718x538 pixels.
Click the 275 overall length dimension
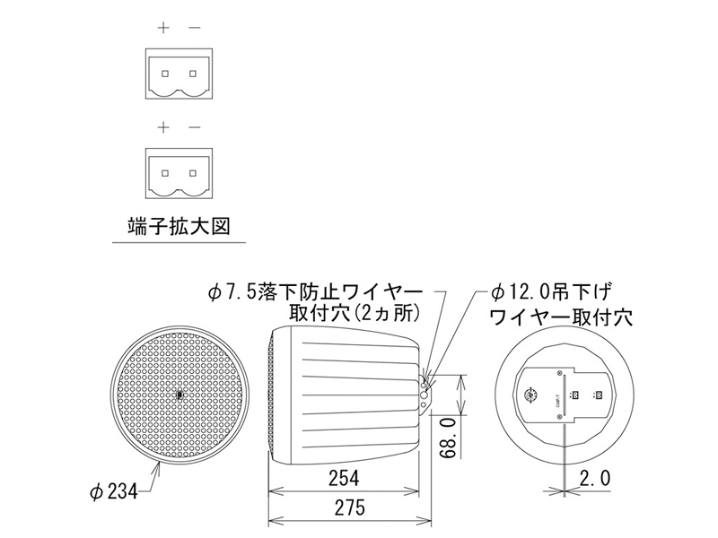click(x=349, y=508)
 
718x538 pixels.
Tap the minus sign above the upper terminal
click(x=195, y=28)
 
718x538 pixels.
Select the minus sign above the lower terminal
click(x=195, y=128)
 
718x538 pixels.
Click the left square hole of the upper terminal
click(x=164, y=72)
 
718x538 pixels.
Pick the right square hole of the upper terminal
click(x=193, y=72)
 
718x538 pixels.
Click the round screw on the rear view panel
click(x=532, y=394)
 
